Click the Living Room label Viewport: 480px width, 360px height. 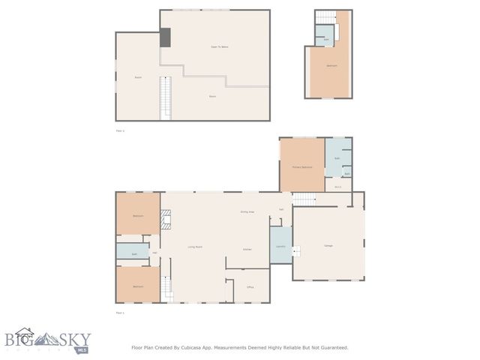[x=195, y=247]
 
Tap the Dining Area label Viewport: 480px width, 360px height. [x=247, y=212]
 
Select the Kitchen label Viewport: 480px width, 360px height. [x=247, y=249]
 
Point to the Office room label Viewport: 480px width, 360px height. [x=250, y=286]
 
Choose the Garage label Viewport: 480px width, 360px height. [x=328, y=246]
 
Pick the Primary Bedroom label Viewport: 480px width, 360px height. [x=302, y=166]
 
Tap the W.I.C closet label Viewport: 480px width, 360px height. [x=338, y=187]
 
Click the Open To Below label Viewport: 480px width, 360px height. [x=218, y=46]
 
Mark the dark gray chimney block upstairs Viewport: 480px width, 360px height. [x=165, y=37]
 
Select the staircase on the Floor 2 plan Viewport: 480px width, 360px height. [x=165, y=97]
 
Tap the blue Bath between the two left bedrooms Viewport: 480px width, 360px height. [x=134, y=254]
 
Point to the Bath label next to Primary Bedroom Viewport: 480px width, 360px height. [x=337, y=158]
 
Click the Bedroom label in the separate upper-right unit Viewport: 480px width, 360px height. [x=331, y=66]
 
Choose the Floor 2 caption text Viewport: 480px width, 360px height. [x=120, y=130]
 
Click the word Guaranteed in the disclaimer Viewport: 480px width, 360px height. [x=331, y=347]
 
